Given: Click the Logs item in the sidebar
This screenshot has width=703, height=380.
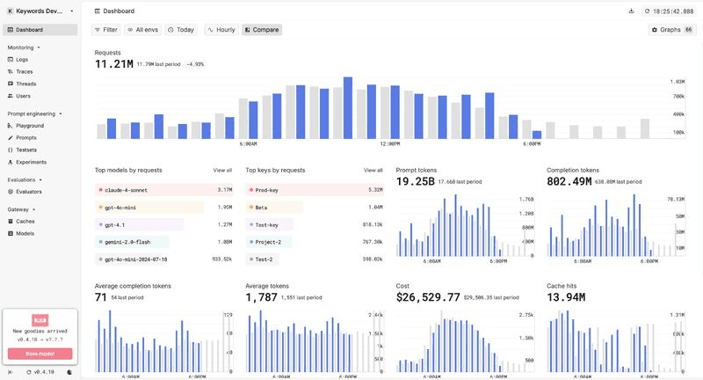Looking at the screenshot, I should point(22,59).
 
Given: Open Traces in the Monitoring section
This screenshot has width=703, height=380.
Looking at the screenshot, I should point(24,71).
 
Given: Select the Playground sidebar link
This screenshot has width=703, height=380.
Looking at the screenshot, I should point(29,126).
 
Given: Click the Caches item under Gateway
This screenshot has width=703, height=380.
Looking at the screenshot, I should point(25,221).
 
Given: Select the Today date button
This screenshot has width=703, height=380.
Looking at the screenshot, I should point(181,30).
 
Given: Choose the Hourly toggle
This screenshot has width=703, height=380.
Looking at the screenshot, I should point(221,30).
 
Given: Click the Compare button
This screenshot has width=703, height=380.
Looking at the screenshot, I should point(262,30).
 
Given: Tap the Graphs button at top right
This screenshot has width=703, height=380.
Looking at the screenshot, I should point(671,30).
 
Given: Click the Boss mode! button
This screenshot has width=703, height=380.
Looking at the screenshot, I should point(40,354).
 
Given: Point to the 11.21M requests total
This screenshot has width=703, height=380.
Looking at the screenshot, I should point(113,63).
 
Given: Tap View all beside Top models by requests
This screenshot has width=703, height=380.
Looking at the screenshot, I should point(222,170).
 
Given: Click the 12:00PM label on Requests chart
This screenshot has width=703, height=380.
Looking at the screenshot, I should point(390,143).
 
